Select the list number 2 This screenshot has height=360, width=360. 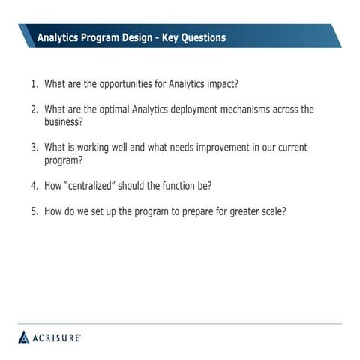pyautogui.click(x=34, y=109)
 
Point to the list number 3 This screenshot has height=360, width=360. pyautogui.click(x=34, y=148)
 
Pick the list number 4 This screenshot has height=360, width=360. pyautogui.click(x=34, y=185)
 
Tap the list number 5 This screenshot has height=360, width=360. pyautogui.click(x=34, y=211)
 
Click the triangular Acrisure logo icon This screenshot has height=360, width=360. pyautogui.click(x=23, y=337)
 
